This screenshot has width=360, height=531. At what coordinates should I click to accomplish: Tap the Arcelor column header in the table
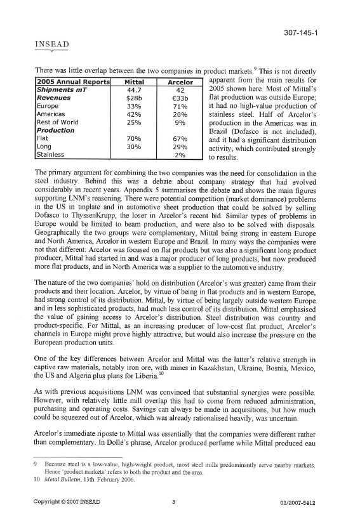pyautogui.click(x=180, y=82)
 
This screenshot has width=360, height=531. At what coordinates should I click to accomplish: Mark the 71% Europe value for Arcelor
pyautogui.click(x=180, y=106)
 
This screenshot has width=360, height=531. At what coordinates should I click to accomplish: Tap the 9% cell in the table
pyautogui.click(x=180, y=122)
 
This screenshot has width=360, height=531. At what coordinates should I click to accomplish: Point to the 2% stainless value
pyautogui.click(x=180, y=154)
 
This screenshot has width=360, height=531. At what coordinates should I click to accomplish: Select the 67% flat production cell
pyautogui.click(x=180, y=138)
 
